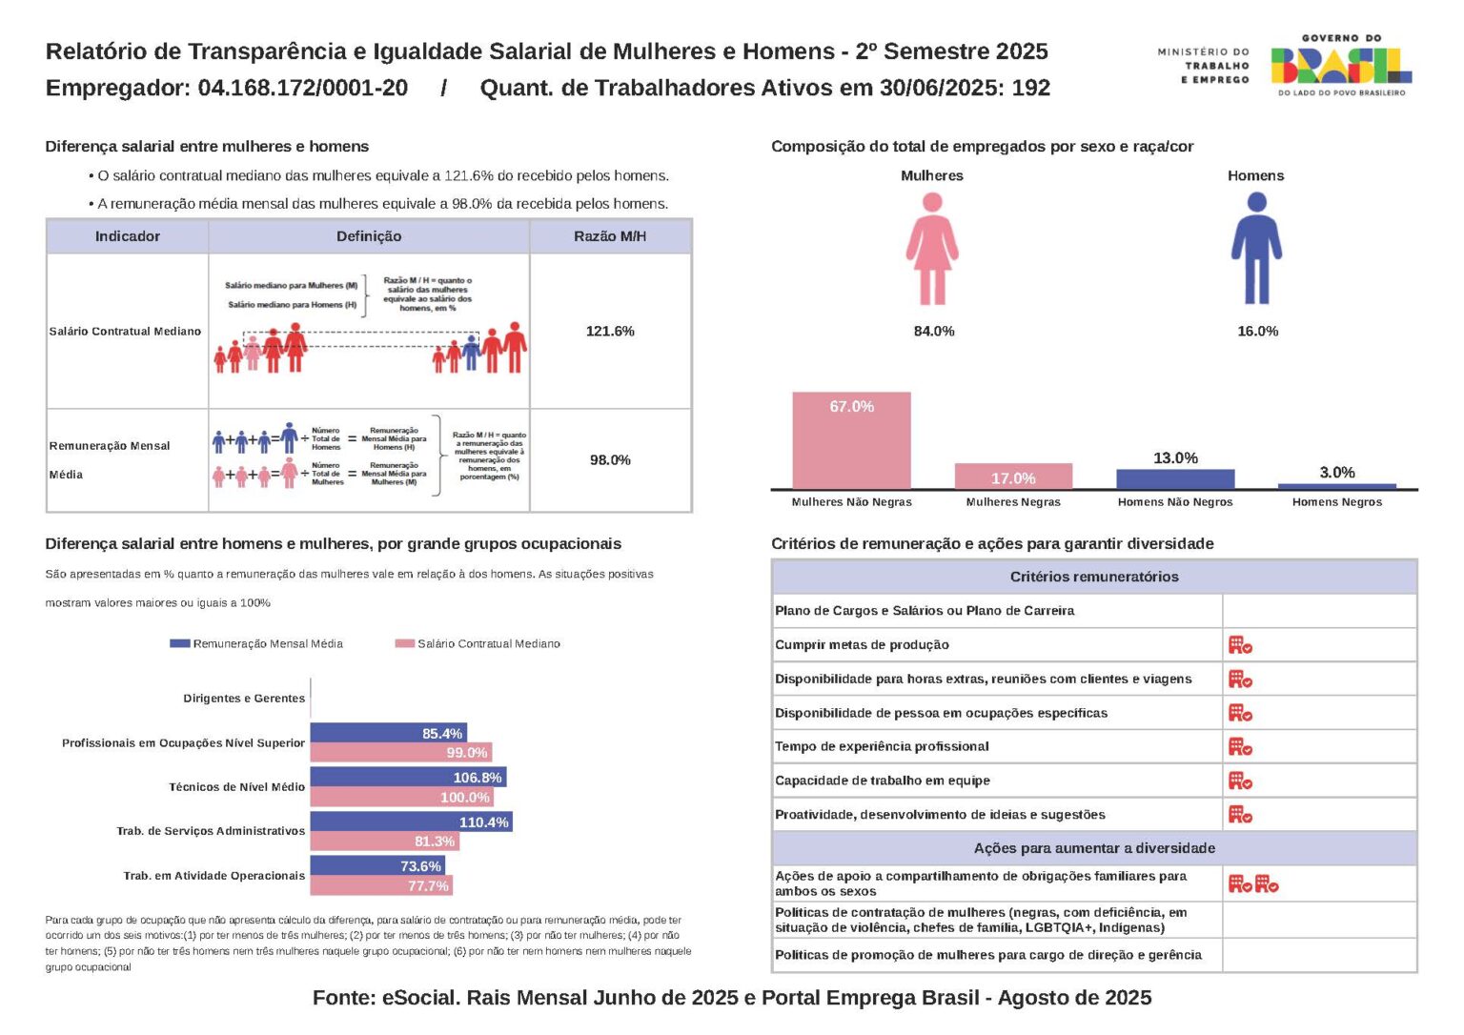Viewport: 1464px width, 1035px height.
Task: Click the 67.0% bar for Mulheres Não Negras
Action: tap(851, 440)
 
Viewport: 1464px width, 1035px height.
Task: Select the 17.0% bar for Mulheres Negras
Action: tap(1013, 477)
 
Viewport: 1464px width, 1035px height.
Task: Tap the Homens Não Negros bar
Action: tap(1175, 479)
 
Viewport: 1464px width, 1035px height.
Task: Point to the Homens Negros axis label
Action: tap(1336, 502)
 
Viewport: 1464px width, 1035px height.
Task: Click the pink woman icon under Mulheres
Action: tap(932, 248)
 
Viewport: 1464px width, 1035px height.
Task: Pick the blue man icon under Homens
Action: tap(1256, 248)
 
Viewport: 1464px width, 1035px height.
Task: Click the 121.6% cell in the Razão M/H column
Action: tap(610, 331)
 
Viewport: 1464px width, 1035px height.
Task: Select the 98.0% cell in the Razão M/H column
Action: tap(610, 460)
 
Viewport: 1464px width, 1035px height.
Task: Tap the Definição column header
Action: tap(369, 236)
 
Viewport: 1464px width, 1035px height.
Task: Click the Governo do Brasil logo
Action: tap(1340, 65)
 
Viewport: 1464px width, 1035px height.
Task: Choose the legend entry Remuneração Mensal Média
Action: tap(257, 644)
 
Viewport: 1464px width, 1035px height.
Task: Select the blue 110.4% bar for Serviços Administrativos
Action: tap(411, 822)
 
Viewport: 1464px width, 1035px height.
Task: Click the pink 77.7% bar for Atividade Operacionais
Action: tap(381, 885)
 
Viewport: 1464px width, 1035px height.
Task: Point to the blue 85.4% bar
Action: tap(388, 733)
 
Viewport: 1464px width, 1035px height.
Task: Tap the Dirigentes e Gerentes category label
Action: tap(244, 699)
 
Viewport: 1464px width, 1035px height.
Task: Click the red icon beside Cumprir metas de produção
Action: tap(1240, 645)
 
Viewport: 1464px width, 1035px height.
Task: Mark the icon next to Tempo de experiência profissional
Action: tap(1240, 747)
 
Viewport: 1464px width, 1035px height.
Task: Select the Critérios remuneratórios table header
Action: tap(1093, 577)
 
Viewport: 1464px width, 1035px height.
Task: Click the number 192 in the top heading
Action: tap(1030, 88)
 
